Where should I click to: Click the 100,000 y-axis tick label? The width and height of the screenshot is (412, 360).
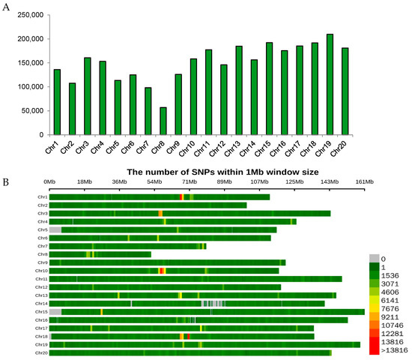tap(28, 87)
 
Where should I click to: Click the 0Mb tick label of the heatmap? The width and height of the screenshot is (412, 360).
tap(50, 181)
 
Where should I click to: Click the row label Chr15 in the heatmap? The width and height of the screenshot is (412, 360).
tap(42, 311)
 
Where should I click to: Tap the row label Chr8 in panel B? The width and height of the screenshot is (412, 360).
tap(43, 254)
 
